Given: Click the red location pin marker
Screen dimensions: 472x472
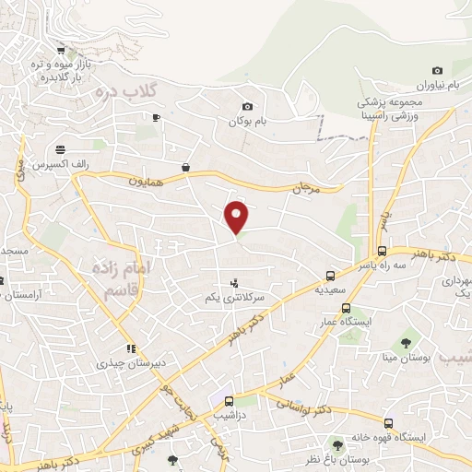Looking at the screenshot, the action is (237, 217).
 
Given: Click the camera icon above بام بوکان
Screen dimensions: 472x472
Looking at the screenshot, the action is (246, 107).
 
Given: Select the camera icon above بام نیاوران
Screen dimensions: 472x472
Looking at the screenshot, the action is (437, 71).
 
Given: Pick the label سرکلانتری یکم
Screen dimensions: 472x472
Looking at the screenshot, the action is (234, 298).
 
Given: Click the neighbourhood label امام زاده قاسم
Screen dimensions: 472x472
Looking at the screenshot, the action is (114, 277).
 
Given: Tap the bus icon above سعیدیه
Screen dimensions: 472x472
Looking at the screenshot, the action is (330, 276).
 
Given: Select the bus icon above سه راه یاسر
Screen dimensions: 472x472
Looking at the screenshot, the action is (382, 251).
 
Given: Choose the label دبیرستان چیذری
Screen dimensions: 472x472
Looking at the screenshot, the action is (131, 363).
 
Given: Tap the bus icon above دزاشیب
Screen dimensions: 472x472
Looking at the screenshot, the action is (229, 401).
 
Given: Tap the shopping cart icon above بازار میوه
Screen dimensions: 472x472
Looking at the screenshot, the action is (60, 52).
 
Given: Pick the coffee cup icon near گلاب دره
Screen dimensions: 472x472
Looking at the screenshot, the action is (156, 117).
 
